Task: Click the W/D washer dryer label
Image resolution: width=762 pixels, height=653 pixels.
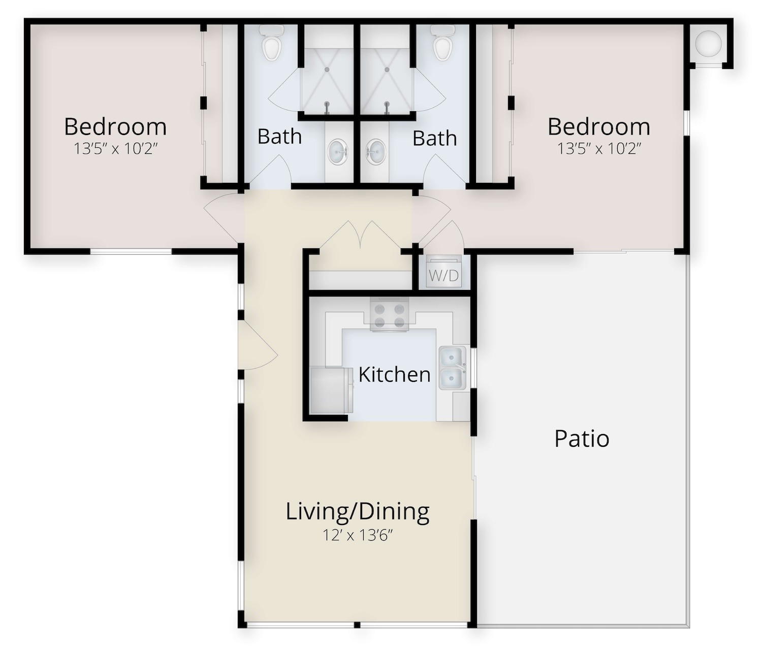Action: click(x=444, y=275)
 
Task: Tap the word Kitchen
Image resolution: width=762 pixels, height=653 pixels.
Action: click(x=394, y=375)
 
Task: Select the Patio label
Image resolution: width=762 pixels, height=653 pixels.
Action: click(x=582, y=439)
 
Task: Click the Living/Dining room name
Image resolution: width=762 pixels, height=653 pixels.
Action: click(x=358, y=512)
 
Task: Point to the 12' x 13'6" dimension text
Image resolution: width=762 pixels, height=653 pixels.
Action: click(x=357, y=535)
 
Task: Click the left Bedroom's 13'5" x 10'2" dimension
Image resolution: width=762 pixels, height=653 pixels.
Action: click(x=116, y=148)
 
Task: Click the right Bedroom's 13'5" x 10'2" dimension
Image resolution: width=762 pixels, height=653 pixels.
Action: click(x=599, y=148)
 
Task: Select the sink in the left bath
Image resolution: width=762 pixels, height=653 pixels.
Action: click(x=338, y=151)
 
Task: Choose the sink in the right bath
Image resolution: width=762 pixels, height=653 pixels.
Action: click(x=376, y=151)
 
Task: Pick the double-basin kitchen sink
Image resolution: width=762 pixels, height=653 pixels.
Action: click(x=452, y=368)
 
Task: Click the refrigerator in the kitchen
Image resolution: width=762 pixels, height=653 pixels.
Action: click(x=332, y=390)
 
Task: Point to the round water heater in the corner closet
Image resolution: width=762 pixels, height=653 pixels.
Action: click(x=708, y=44)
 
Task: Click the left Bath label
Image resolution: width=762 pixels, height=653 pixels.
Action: click(x=279, y=137)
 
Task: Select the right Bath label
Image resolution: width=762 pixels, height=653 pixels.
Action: click(x=435, y=138)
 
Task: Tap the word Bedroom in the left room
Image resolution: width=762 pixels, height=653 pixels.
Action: click(x=115, y=127)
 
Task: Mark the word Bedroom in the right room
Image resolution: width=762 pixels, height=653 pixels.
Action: click(x=599, y=127)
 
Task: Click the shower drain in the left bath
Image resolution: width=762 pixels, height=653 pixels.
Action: click(x=327, y=69)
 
